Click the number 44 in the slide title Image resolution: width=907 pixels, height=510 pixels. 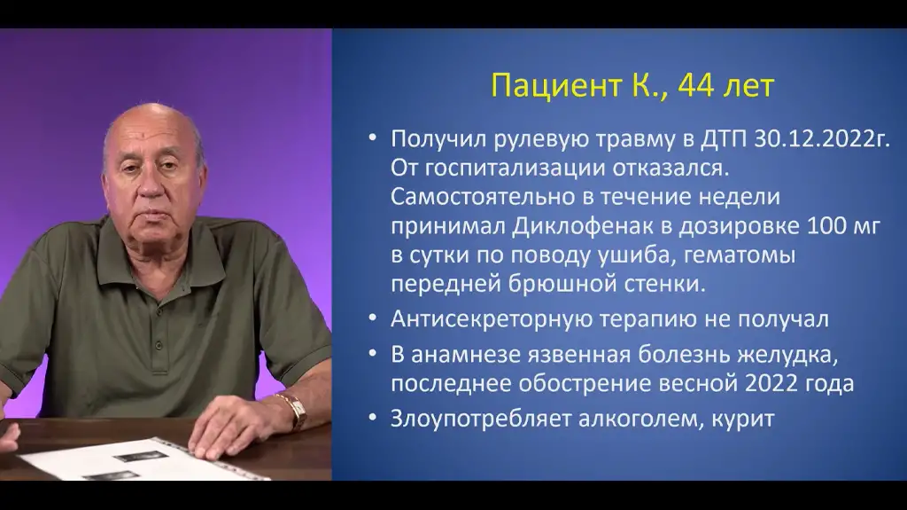696,86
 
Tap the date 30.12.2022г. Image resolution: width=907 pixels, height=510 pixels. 822,139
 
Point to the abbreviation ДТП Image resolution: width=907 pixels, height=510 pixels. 724,139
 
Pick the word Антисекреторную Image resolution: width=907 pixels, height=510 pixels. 491,319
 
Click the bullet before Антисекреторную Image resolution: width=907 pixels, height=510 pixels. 373,318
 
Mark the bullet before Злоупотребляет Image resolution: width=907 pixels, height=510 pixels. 373,417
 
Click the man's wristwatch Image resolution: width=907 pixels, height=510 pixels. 295,410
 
